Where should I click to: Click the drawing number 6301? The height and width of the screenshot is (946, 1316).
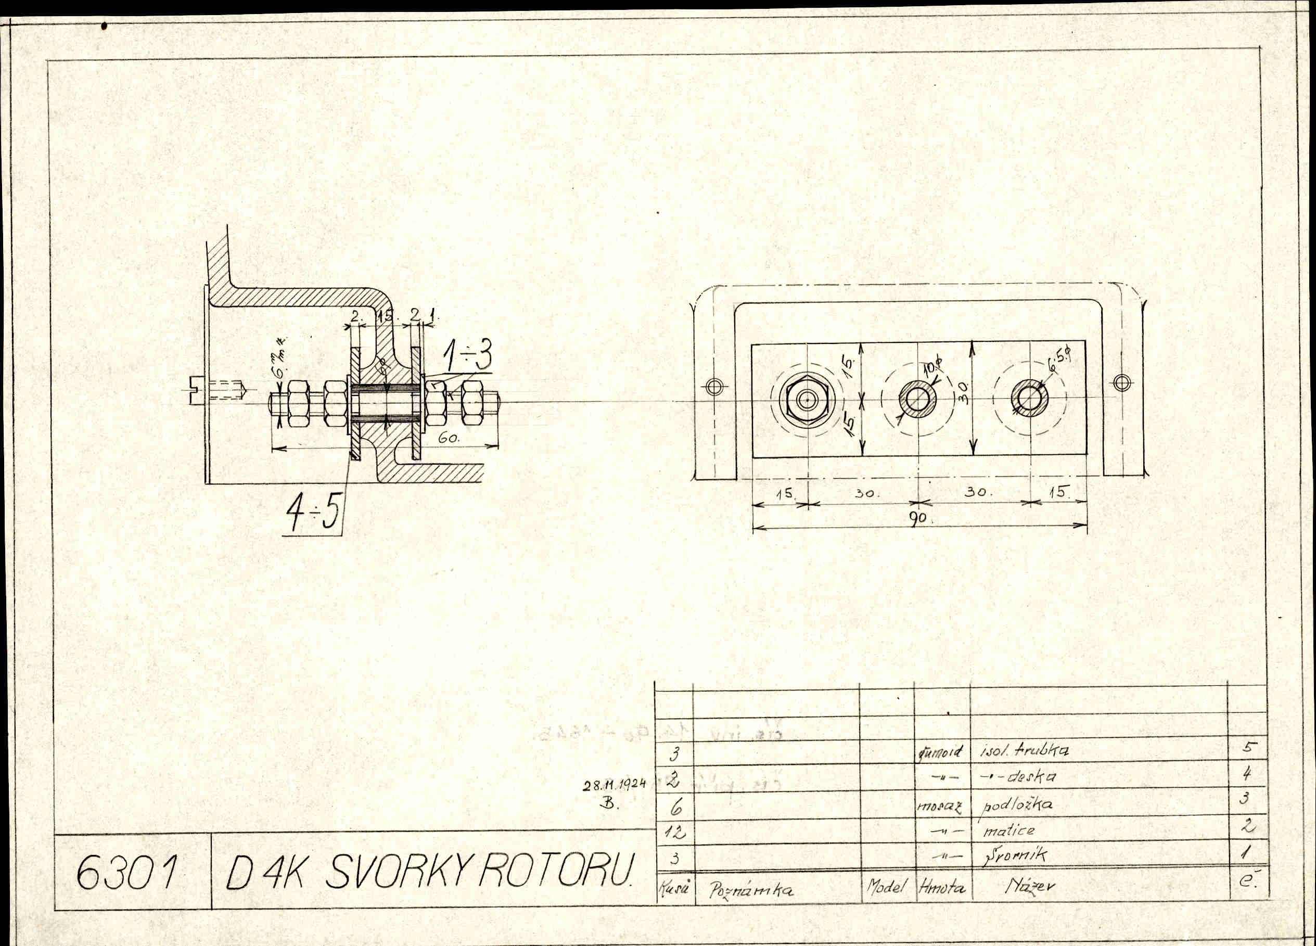tap(125, 872)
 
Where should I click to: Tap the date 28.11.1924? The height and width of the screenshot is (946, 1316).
tap(615, 784)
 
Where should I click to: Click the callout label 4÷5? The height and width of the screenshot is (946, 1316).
tap(313, 513)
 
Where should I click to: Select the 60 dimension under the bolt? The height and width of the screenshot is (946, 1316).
tap(449, 439)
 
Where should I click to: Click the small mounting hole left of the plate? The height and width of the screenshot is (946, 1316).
tap(715, 387)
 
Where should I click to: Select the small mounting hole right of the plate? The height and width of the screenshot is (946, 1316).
tap(1122, 383)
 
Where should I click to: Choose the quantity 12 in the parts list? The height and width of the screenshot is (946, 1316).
tap(675, 834)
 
